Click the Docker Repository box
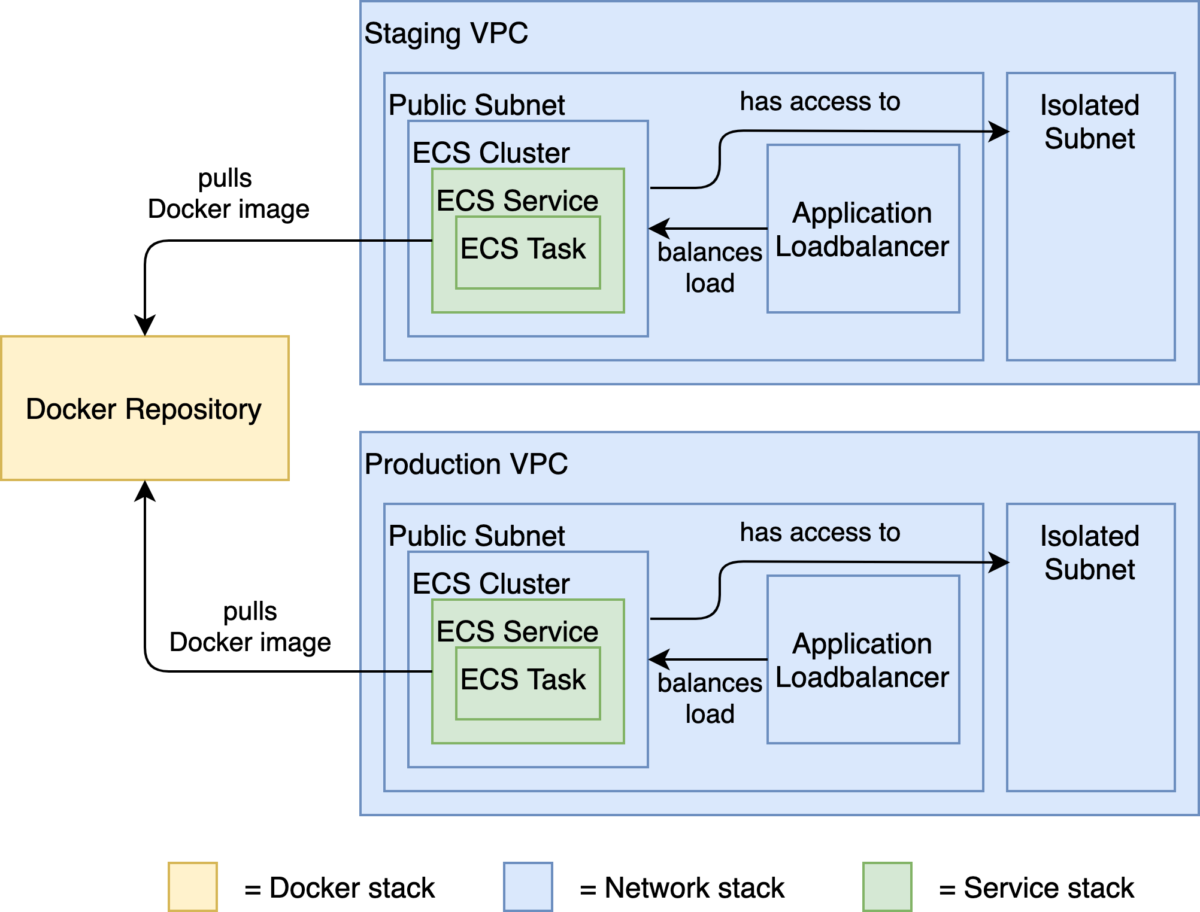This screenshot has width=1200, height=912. click(144, 408)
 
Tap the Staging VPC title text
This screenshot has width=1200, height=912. click(446, 34)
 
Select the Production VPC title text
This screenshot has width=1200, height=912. click(466, 464)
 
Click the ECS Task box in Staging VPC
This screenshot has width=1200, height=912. click(527, 251)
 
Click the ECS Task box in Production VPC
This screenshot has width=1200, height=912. click(527, 682)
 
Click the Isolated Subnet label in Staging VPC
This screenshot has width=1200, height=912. click(1089, 122)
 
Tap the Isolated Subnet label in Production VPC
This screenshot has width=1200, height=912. click(1089, 553)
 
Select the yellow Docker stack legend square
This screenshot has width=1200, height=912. click(192, 887)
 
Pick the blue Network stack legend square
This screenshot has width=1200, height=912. click(528, 887)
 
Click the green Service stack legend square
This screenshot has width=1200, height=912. click(887, 887)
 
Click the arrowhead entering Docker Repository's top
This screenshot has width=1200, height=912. click(145, 326)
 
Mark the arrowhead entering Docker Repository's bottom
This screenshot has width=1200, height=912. click(145, 490)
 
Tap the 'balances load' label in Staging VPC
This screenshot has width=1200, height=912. click(710, 267)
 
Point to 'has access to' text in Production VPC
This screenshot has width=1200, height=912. click(820, 533)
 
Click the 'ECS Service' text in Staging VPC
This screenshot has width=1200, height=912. click(517, 200)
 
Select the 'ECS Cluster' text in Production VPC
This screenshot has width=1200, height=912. click(491, 583)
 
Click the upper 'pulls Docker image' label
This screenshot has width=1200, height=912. click(228, 194)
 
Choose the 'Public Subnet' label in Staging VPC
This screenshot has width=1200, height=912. click(477, 105)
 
